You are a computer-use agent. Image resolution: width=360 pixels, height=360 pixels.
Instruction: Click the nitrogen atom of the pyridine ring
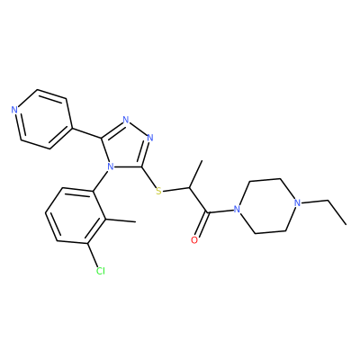click(x=14, y=110)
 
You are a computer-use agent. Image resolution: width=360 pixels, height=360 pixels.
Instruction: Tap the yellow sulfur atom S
click(x=158, y=191)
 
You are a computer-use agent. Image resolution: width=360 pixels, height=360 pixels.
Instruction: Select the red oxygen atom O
click(x=194, y=240)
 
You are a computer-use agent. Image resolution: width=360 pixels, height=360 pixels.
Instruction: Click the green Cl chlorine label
click(x=101, y=271)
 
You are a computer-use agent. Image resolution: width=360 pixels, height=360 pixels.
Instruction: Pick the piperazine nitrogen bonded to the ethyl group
click(x=297, y=203)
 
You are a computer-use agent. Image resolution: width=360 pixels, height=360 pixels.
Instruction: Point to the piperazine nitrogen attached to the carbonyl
click(x=237, y=209)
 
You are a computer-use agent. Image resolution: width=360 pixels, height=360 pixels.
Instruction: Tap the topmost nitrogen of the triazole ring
click(x=126, y=120)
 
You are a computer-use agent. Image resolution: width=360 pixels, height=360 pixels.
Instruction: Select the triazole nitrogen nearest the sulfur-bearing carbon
click(x=150, y=138)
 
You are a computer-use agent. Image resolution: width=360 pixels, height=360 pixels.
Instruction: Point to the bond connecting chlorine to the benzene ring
click(x=93, y=255)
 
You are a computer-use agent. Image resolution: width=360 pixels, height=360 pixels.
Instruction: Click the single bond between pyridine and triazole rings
click(x=86, y=133)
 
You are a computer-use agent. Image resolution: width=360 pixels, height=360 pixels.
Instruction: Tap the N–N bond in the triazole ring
click(x=138, y=129)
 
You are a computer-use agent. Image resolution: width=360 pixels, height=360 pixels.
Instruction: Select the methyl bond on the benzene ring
click(x=121, y=220)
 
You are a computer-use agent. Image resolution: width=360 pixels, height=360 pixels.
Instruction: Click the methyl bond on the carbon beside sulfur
click(x=195, y=175)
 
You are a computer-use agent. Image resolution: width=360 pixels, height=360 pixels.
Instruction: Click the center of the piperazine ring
click(x=267, y=206)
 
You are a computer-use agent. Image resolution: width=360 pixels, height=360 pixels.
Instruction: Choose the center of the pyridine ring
click(x=43, y=119)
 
